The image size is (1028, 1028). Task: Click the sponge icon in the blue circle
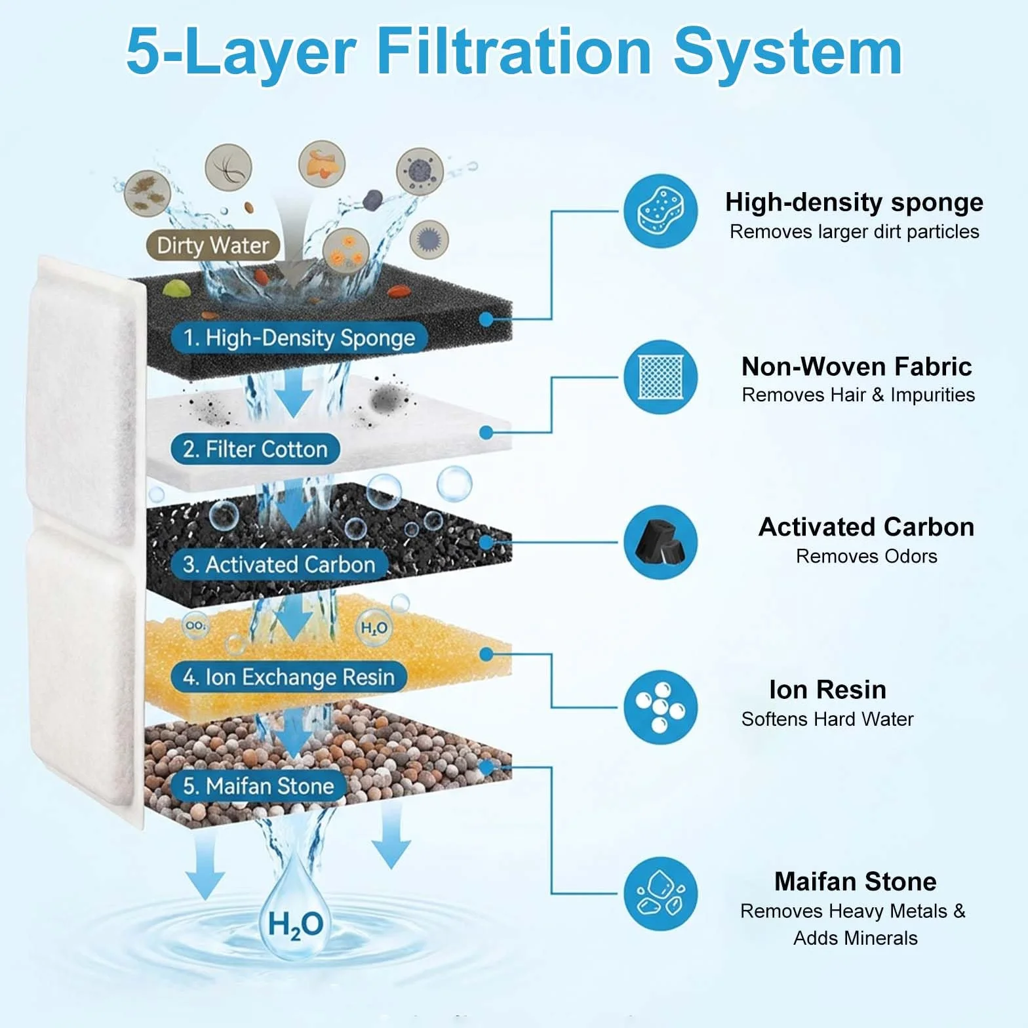point(660,211)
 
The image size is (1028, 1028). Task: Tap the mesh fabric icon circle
point(660,377)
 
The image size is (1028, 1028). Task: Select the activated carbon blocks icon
point(660,542)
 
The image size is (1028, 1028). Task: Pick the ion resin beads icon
point(660,707)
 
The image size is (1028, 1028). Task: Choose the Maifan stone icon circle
point(660,894)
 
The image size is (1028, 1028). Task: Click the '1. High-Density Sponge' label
point(299,338)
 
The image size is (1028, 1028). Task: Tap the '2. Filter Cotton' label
point(255,449)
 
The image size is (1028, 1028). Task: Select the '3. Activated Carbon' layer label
point(279,564)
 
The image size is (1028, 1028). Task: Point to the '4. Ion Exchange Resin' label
point(288,677)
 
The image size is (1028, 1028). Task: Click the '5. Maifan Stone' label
point(258,785)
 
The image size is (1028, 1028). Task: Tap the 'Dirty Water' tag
point(213,245)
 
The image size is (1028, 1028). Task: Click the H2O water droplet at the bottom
point(295,911)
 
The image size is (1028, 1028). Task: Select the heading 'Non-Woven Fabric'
point(856,366)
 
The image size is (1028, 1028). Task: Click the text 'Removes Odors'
point(866,556)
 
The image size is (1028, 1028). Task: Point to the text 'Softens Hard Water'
point(827,719)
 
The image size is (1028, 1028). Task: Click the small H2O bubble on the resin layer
point(374,628)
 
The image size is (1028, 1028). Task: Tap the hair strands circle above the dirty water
point(228,168)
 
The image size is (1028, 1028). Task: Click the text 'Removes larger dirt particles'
point(854,231)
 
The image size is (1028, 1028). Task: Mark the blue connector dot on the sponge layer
point(486,319)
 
